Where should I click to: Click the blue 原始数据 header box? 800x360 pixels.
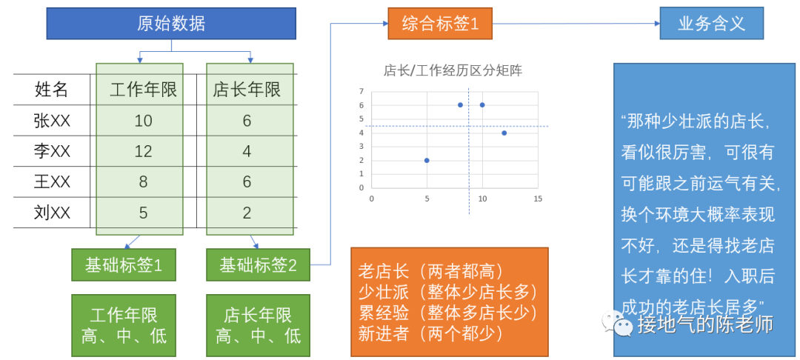tap(171, 23)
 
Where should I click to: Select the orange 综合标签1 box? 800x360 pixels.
tap(440, 23)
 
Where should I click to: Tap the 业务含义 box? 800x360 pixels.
tap(711, 23)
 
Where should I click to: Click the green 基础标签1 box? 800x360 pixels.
tap(124, 265)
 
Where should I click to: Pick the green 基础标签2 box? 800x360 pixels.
tap(258, 265)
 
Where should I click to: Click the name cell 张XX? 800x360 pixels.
tap(52, 121)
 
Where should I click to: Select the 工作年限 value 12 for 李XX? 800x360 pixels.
tap(143, 151)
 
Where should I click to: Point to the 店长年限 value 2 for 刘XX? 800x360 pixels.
tap(247, 213)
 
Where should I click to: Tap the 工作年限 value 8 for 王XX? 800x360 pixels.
tap(143, 182)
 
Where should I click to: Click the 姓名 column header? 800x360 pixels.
tap(52, 90)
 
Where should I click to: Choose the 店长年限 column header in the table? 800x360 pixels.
tap(247, 90)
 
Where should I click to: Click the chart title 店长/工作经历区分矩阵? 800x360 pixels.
tap(453, 71)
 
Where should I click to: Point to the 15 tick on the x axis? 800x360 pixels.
tap(538, 199)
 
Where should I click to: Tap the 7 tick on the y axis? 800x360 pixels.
tap(361, 92)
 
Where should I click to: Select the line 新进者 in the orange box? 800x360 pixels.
tap(430, 333)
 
